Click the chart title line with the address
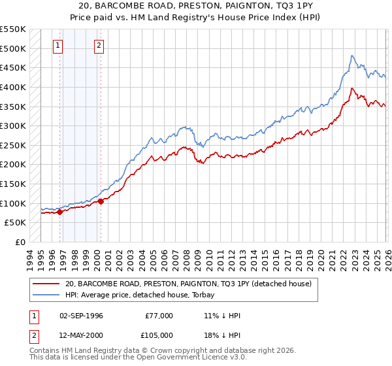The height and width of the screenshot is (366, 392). [195, 6]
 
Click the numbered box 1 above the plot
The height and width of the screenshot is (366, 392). [59, 46]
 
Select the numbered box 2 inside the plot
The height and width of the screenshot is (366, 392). [99, 46]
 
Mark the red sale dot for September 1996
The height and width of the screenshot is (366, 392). [59, 212]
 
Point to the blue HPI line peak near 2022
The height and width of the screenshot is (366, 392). [352, 56]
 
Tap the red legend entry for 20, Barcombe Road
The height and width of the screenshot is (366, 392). [189, 284]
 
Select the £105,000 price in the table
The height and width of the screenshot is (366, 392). [159, 334]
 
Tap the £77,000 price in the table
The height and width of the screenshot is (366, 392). [159, 316]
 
